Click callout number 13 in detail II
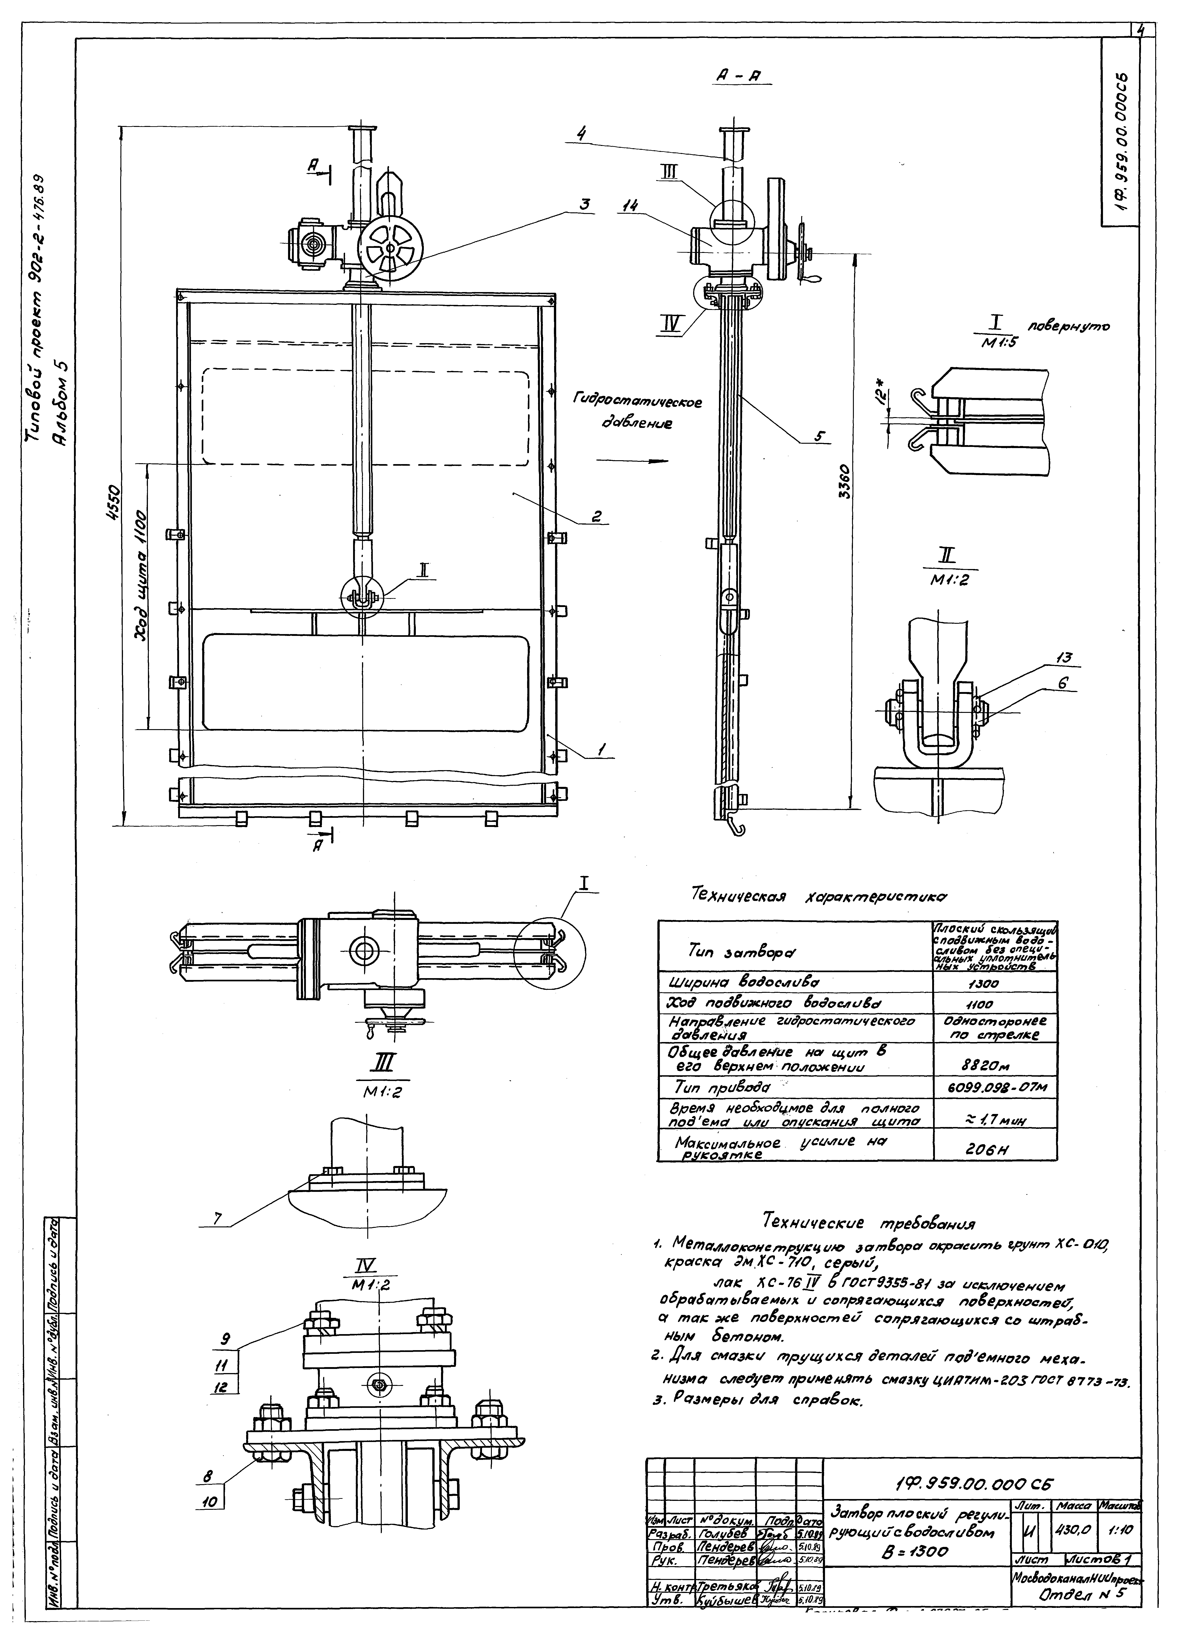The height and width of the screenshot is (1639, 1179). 1063,657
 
